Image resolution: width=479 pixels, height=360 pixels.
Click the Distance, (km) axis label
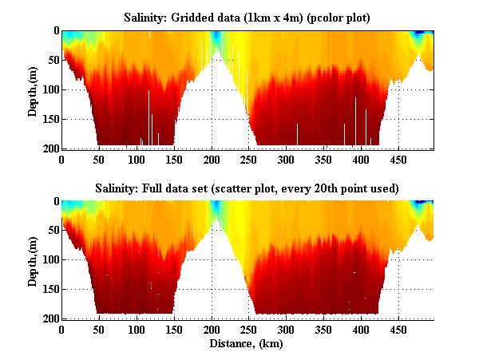[x=247, y=344]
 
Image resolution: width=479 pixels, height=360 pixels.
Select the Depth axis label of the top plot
[x=33, y=89]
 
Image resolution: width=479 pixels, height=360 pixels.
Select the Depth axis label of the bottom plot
[x=33, y=260]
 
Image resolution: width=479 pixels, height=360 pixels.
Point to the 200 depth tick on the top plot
[x=50, y=148]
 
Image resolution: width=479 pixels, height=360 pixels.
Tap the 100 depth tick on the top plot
[x=50, y=89]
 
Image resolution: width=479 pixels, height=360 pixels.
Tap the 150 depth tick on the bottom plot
[x=50, y=290]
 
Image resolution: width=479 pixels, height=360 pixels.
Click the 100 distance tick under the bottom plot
[x=137, y=329]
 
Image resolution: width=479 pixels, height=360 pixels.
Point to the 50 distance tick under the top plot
[x=99, y=159]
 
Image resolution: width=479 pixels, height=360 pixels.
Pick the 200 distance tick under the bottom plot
[x=212, y=329]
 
